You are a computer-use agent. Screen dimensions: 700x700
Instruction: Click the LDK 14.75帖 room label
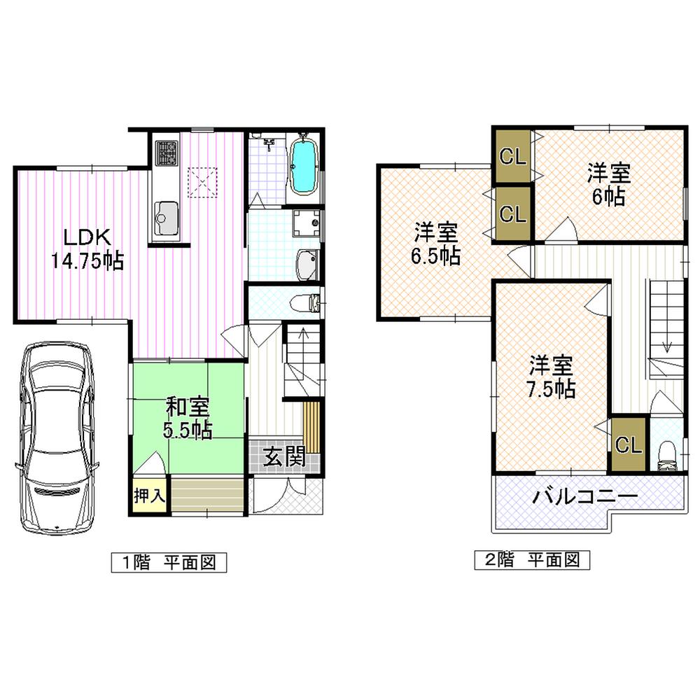pos(86,248)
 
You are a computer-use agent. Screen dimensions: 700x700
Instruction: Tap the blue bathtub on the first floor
pos(304,167)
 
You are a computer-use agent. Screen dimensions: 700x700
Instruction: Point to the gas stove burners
pos(167,153)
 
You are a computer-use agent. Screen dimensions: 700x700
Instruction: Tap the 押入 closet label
pos(148,496)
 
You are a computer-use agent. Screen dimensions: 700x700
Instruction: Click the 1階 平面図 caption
pos(169,561)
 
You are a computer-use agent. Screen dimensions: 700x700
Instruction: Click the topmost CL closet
pos(513,157)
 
